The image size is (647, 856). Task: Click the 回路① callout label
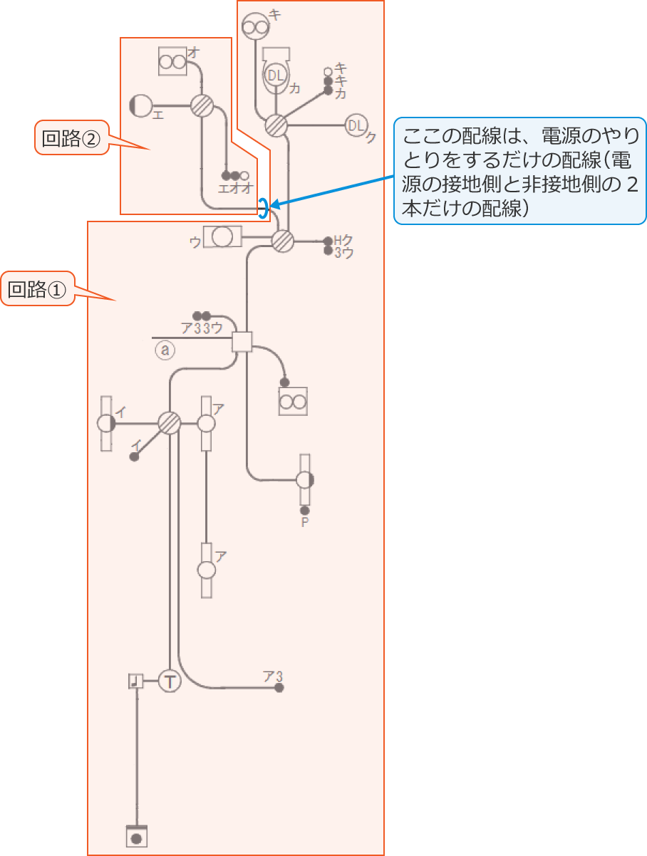click(37, 288)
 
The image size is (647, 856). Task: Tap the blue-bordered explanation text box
click(520, 171)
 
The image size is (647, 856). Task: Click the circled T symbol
click(170, 682)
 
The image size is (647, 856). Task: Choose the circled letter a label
click(165, 349)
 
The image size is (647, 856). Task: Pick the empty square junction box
click(244, 342)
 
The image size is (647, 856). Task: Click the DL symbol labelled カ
click(276, 74)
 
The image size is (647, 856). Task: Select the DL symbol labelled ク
click(356, 126)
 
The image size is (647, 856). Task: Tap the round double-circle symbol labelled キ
click(255, 26)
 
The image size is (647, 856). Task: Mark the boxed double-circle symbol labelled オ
click(172, 61)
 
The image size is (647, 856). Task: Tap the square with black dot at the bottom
click(137, 836)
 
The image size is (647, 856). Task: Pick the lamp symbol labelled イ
click(106, 423)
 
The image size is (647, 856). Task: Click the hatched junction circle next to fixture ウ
click(283, 241)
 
